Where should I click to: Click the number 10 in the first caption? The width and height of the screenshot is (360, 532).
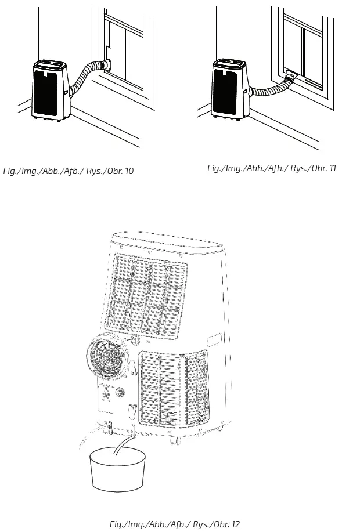128,171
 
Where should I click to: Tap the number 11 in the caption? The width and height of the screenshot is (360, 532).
332,168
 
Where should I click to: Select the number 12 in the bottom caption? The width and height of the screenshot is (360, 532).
235,524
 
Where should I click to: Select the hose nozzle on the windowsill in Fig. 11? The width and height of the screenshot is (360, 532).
291,75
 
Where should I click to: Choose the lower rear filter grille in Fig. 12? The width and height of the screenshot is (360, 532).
172,387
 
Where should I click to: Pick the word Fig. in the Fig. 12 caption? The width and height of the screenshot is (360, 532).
117,524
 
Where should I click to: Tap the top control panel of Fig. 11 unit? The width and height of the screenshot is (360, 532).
231,63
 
